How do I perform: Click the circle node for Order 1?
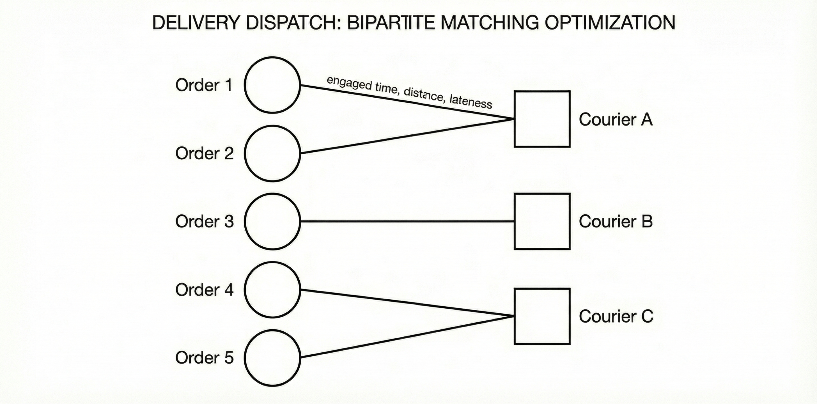tap(272, 85)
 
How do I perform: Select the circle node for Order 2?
tap(272, 153)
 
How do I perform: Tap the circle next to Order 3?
tap(272, 221)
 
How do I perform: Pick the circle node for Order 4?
tap(272, 290)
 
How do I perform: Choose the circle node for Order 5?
tap(272, 358)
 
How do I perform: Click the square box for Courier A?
tap(542, 119)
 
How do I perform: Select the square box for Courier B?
tap(542, 221)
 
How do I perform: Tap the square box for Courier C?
tap(542, 316)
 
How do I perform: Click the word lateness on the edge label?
tap(471, 102)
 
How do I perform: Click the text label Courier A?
tap(616, 120)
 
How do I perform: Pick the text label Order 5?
tap(204, 358)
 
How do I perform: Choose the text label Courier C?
tap(616, 316)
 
